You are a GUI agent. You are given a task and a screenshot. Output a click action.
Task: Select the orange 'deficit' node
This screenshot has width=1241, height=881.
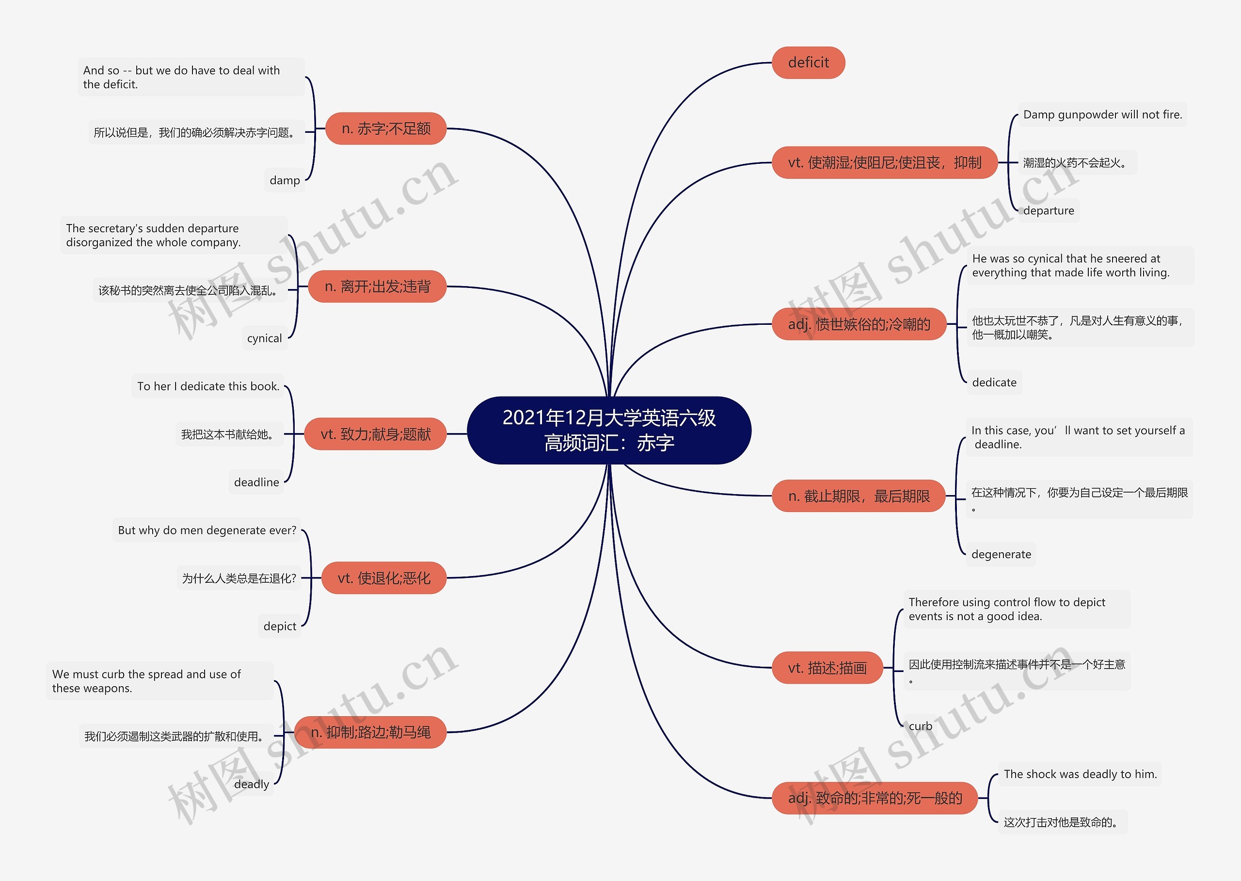[808, 63]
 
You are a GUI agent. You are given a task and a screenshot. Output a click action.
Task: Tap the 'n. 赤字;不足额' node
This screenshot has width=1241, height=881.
[386, 128]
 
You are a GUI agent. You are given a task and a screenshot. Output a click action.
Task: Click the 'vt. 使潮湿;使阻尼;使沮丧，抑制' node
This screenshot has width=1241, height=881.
[884, 162]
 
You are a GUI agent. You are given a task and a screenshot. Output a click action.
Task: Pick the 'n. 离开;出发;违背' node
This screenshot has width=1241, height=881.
[378, 287]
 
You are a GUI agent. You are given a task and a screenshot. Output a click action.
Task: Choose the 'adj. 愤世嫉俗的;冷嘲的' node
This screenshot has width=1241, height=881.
[859, 324]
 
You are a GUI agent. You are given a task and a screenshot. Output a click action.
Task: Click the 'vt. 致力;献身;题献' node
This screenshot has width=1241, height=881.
[375, 434]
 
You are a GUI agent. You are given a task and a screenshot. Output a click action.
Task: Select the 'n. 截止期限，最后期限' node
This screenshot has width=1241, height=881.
[859, 496]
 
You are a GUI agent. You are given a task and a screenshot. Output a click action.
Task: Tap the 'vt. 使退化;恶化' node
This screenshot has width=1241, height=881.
[383, 578]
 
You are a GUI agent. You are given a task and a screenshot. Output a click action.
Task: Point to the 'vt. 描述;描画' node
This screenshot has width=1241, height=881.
[827, 668]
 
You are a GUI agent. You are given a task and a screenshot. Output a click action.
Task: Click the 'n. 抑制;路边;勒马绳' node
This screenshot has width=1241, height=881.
[370, 732]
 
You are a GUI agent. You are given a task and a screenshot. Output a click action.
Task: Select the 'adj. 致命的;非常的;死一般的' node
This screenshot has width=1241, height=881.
[875, 798]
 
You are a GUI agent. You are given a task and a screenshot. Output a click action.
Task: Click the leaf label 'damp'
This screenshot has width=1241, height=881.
[285, 180]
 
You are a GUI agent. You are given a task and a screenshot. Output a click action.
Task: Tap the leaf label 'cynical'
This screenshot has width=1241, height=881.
[264, 338]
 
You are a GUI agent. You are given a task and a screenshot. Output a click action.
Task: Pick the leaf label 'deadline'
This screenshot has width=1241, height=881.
[256, 482]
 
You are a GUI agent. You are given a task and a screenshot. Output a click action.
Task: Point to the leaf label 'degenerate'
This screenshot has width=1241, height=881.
[1001, 554]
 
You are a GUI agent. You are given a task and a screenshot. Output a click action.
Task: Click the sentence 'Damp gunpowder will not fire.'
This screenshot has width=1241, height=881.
[1102, 114]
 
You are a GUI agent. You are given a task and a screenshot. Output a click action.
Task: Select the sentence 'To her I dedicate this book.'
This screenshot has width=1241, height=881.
[208, 386]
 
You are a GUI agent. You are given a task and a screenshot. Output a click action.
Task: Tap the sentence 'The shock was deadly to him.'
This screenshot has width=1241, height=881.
[1080, 774]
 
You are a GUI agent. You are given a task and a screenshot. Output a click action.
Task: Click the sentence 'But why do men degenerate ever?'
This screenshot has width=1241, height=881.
[207, 530]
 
